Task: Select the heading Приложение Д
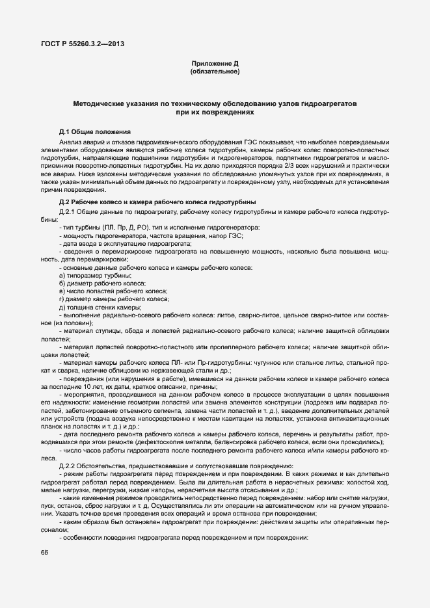point(215,63)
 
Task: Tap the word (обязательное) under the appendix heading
point(215,72)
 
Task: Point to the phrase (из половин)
point(73,323)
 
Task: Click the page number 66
point(44,552)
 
